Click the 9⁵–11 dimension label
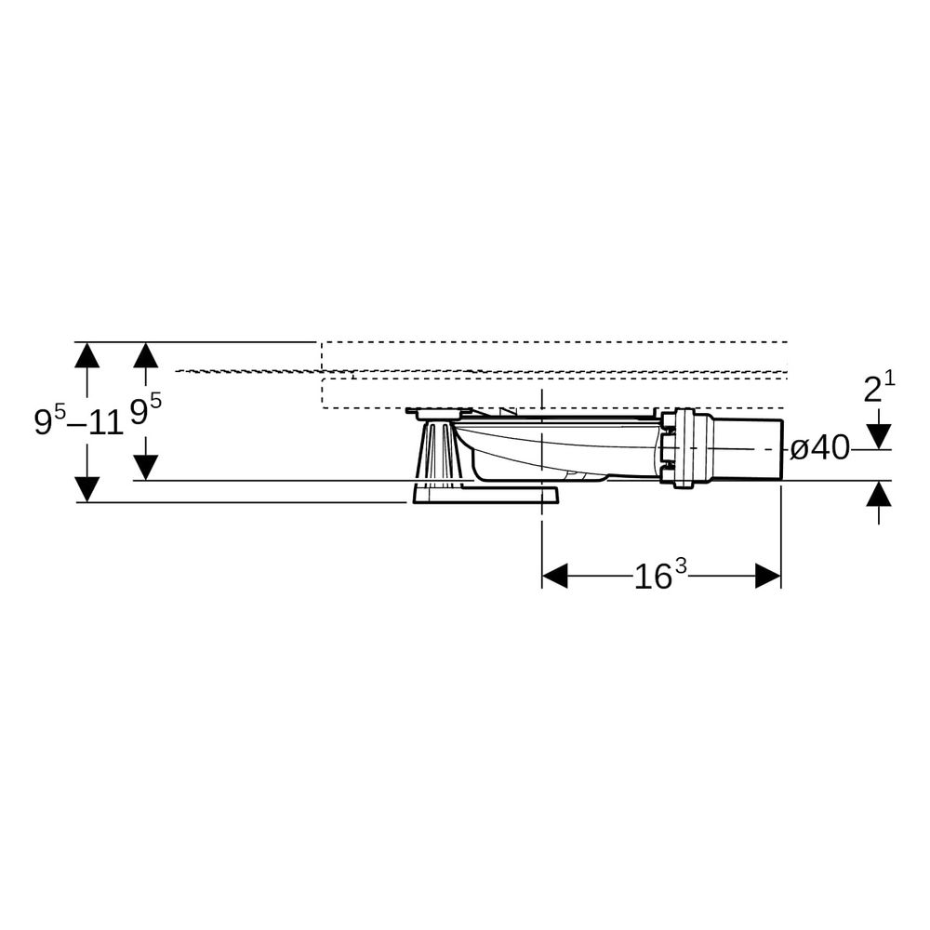79,419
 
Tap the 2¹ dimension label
879,387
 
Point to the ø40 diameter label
819,449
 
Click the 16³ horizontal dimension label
660,576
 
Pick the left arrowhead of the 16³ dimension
555,576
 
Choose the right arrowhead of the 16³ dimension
768,576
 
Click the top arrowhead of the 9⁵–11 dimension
87,355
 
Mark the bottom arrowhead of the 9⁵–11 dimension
87,489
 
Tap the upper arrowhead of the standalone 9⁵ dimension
145,355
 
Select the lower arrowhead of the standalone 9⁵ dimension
145,468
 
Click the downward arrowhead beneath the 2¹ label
879,436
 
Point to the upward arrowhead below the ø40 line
879,494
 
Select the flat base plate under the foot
485,496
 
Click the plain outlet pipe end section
749,448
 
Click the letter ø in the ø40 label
800,449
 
